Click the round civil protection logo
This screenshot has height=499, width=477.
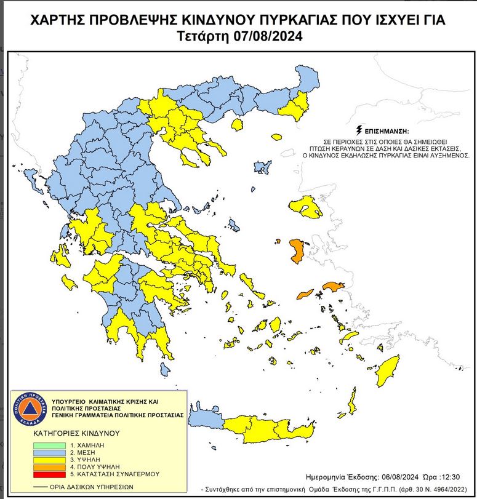coord(26,407)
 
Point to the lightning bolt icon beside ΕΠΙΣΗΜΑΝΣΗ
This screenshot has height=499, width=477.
coord(359,131)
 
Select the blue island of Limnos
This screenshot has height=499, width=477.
coord(263,166)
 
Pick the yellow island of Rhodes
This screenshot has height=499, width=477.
coord(388,371)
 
